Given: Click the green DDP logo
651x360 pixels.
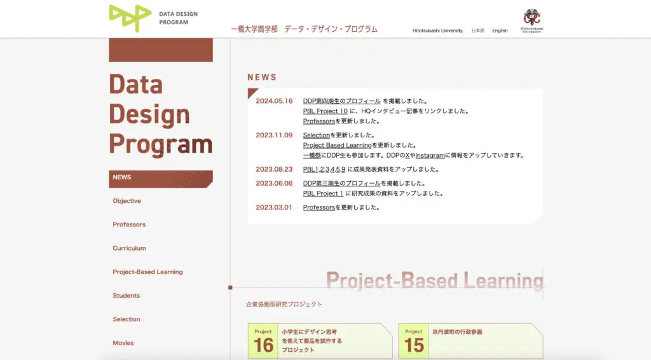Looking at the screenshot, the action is pos(130,18).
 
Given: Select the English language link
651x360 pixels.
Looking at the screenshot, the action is pos(500,31).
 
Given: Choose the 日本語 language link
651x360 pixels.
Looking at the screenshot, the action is pos(478,31).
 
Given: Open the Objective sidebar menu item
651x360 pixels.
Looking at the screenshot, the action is pos(127,201).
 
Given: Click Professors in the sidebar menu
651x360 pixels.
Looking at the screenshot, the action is pos(129,225).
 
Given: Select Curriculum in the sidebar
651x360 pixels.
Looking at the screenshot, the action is pos(129,248).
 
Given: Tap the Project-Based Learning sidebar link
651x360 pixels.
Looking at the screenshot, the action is pos(147,272).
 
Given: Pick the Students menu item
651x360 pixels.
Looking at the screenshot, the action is pos(127,296).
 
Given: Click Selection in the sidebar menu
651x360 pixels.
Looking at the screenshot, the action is pos(127,319).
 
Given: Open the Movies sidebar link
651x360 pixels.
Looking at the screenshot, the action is pos(123,343).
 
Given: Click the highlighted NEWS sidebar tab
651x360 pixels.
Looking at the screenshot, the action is pos(161,179).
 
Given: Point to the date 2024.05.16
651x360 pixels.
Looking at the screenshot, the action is pos(274,101).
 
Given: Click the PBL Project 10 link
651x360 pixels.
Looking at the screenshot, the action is pos(325,111).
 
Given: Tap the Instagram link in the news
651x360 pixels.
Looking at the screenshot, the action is pos(430,155).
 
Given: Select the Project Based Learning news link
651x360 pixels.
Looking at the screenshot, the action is pos(337,145).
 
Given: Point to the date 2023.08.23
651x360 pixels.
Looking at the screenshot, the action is pos(274,169).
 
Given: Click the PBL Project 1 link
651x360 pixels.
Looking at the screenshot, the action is pos(323,193).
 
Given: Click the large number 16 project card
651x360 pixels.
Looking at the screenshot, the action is pos(320,341).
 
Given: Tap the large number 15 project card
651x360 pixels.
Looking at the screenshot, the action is pos(471,341).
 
